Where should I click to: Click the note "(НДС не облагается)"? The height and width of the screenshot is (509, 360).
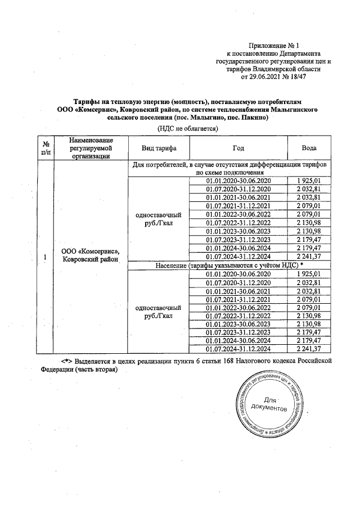(187, 129)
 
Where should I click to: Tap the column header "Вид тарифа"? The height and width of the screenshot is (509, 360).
(158, 148)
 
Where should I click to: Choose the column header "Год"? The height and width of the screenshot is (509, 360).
(238, 148)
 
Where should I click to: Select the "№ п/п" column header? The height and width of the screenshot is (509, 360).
(44, 148)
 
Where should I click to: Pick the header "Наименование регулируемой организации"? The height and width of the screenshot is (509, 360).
(88, 148)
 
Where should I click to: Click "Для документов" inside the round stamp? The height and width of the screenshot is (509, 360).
(271, 403)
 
